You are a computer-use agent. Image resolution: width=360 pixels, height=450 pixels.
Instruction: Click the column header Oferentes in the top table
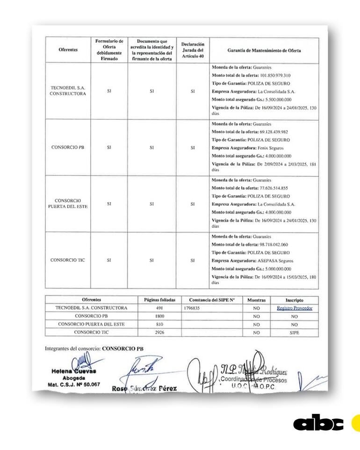(68, 50)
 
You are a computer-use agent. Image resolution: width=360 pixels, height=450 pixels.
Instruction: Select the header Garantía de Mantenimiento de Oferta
(264, 50)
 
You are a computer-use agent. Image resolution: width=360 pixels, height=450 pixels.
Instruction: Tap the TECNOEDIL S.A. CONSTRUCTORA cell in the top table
(68, 91)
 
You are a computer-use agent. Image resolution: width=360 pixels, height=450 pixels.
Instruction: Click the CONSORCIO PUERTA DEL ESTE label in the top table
(68, 203)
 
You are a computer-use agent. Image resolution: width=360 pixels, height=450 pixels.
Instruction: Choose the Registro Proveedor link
(294, 308)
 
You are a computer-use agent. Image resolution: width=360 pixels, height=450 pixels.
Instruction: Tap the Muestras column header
(256, 300)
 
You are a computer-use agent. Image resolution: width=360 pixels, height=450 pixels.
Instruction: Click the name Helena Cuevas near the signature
(73, 371)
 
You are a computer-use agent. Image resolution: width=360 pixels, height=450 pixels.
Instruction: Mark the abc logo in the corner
(318, 423)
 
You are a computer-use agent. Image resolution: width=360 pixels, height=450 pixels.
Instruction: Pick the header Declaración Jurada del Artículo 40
(193, 50)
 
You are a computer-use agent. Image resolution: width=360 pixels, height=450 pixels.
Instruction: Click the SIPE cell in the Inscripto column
(294, 332)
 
